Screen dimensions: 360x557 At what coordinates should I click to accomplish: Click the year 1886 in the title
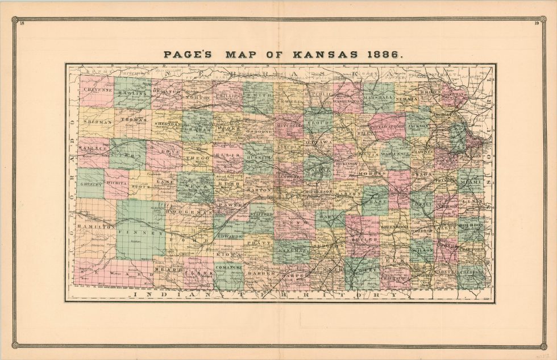(384, 55)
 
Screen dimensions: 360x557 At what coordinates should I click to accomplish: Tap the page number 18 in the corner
(22, 23)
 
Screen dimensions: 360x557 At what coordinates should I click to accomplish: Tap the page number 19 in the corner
(536, 23)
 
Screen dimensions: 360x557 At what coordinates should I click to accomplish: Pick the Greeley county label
(90, 185)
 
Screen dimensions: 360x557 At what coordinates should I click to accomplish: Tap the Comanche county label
(229, 266)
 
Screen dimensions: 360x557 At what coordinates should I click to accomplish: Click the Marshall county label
(379, 97)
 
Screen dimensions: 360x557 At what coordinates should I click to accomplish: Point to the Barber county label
(261, 274)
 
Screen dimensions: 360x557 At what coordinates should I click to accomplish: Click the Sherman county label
(96, 122)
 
